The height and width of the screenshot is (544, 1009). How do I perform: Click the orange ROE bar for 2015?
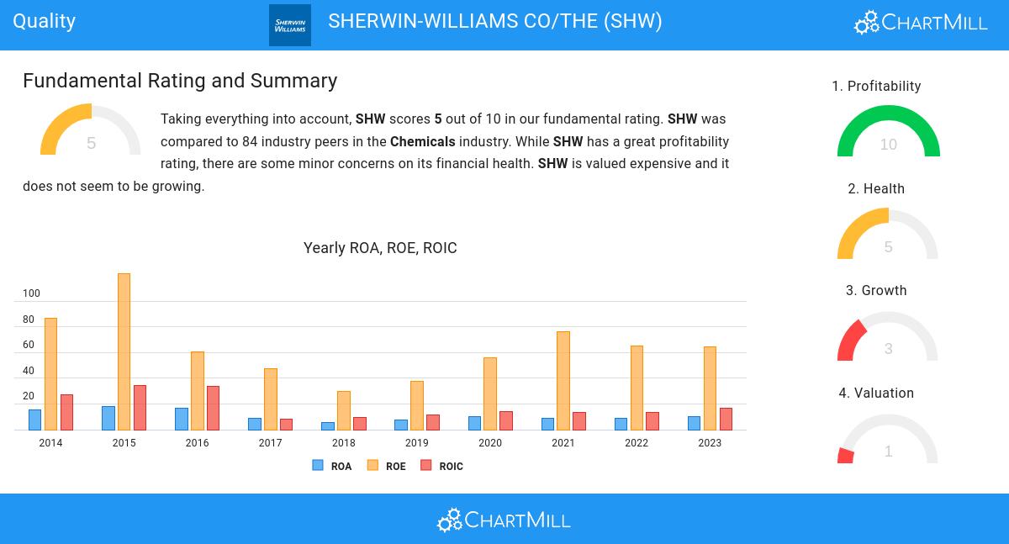(x=124, y=351)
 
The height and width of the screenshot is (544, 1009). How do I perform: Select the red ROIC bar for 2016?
(x=213, y=408)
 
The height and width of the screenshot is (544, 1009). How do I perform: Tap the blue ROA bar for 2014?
(x=34, y=420)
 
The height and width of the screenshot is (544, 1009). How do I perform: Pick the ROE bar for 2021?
(x=563, y=380)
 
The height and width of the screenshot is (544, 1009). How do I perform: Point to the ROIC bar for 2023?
(x=726, y=419)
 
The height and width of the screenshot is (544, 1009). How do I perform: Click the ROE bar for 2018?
(x=343, y=410)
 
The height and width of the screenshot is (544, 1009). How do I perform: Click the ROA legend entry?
(x=332, y=466)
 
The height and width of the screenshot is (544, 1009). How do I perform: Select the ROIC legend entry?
(x=442, y=466)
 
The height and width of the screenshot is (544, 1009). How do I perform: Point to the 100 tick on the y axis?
(x=31, y=293)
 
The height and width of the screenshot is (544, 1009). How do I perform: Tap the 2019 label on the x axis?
(x=416, y=443)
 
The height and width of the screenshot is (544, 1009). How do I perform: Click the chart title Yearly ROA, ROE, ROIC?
(x=380, y=248)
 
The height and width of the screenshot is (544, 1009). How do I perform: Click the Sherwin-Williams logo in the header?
(x=290, y=25)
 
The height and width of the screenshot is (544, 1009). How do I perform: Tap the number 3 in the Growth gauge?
(x=888, y=349)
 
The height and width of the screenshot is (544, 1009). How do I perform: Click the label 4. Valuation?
(x=876, y=393)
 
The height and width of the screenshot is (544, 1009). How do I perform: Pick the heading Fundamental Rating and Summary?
(x=180, y=81)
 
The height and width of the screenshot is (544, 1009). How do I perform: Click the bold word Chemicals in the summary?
(x=422, y=141)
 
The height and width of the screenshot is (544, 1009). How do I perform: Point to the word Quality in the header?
(x=45, y=21)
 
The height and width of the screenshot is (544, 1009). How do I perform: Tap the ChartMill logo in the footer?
(x=504, y=520)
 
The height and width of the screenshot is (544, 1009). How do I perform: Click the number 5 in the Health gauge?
(x=888, y=247)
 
